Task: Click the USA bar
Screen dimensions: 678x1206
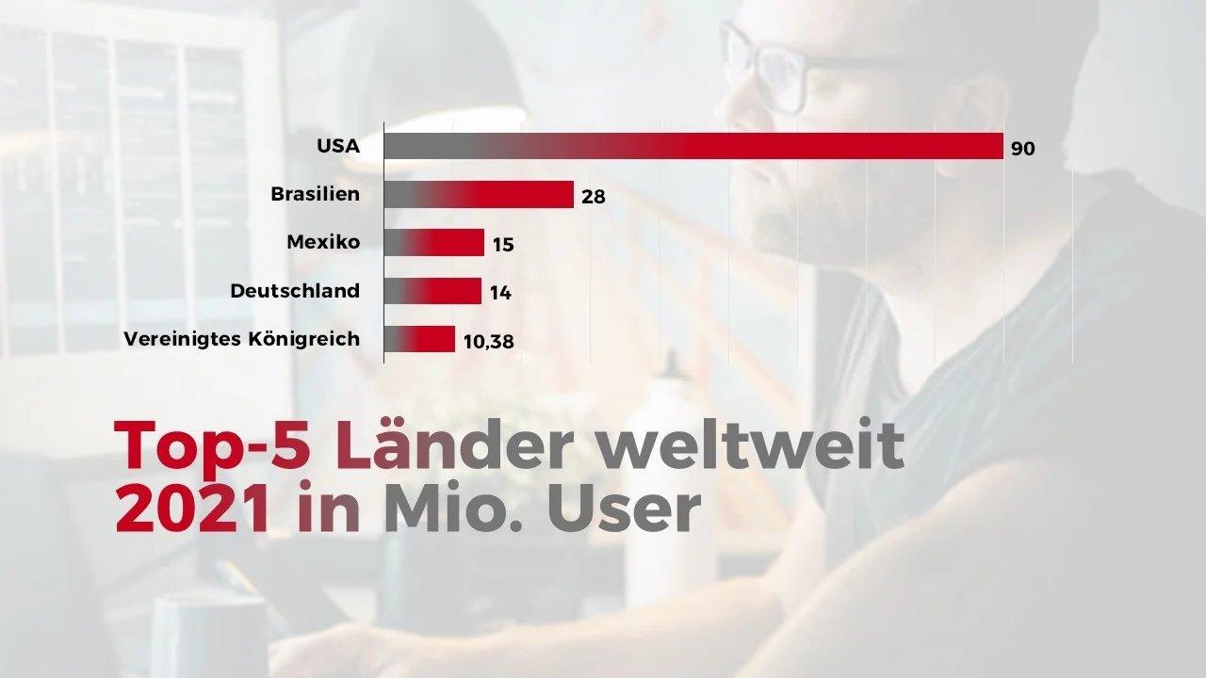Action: point(693,146)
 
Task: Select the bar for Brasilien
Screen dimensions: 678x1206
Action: point(479,195)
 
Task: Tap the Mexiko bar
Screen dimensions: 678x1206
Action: point(434,243)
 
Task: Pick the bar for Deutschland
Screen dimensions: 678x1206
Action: point(432,291)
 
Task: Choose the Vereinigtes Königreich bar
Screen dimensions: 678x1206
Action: point(419,339)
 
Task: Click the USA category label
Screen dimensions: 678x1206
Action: point(338,147)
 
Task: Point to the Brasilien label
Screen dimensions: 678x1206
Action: point(315,195)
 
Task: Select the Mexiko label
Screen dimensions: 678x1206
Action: point(323,243)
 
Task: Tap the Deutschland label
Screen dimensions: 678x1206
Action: point(295,291)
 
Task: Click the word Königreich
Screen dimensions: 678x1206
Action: point(302,339)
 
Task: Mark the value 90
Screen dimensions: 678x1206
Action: point(1022,149)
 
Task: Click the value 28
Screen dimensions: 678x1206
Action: point(593,197)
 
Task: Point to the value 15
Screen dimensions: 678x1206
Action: point(503,245)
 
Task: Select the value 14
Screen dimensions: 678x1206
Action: point(500,293)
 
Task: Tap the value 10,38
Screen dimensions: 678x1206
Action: point(489,341)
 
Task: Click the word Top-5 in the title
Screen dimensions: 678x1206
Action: point(212,446)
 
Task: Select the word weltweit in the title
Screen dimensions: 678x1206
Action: point(751,446)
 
